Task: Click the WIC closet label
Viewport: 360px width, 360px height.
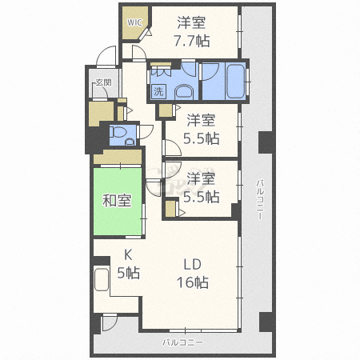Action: tap(133, 22)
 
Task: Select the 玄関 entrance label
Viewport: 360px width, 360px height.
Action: tap(102, 82)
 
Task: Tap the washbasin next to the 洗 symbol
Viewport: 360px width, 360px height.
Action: tap(183, 90)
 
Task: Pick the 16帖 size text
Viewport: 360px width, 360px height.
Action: tap(192, 282)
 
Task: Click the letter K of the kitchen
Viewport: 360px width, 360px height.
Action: tap(126, 255)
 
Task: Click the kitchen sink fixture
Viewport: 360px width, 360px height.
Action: tap(102, 281)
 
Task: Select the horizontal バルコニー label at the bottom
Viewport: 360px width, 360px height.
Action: tap(182, 342)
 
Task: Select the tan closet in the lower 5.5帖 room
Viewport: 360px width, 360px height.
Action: tap(171, 210)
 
